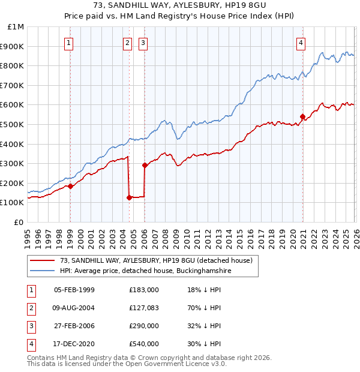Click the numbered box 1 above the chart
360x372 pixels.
[x=70, y=43]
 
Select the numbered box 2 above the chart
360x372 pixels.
[x=128, y=43]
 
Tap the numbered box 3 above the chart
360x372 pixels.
[x=144, y=43]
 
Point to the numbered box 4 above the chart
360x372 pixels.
[x=301, y=43]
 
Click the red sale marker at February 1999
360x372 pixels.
[x=70, y=186]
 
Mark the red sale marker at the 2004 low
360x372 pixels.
[x=129, y=197]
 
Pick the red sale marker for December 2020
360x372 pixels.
[x=303, y=116]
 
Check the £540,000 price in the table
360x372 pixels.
[x=144, y=344]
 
